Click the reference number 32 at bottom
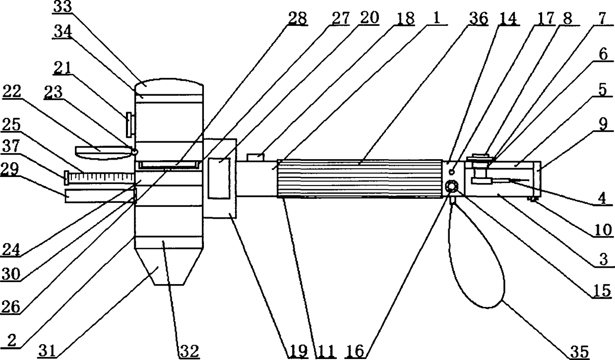tap(188, 351)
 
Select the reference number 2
tap(11, 341)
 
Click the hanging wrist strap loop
tap(476, 258)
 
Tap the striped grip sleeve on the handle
tap(360, 179)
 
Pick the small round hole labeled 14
tap(452, 172)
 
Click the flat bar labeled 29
tap(99, 195)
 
